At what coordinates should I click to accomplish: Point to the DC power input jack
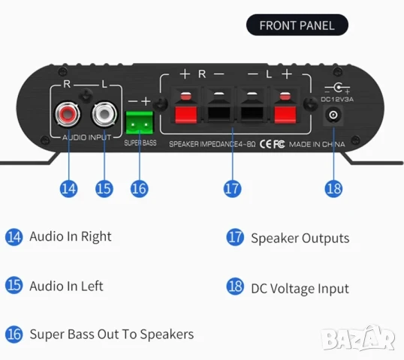coord(333,116)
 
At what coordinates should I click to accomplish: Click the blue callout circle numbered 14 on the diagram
coord(69,188)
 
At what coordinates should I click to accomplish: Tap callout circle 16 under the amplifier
coord(139,188)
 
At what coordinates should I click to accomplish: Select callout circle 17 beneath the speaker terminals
coord(232,188)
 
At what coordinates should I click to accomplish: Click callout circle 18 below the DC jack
coord(333,188)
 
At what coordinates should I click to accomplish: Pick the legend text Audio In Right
coord(70,236)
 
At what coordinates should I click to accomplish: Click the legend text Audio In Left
coord(66,286)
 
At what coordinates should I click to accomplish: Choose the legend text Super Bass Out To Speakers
coord(111,334)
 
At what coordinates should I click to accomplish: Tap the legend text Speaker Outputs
coord(300,238)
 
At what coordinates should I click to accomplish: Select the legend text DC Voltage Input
coord(300,288)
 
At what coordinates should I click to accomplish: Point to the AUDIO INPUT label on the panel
coord(85,139)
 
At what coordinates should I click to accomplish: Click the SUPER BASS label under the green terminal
coord(140,142)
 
